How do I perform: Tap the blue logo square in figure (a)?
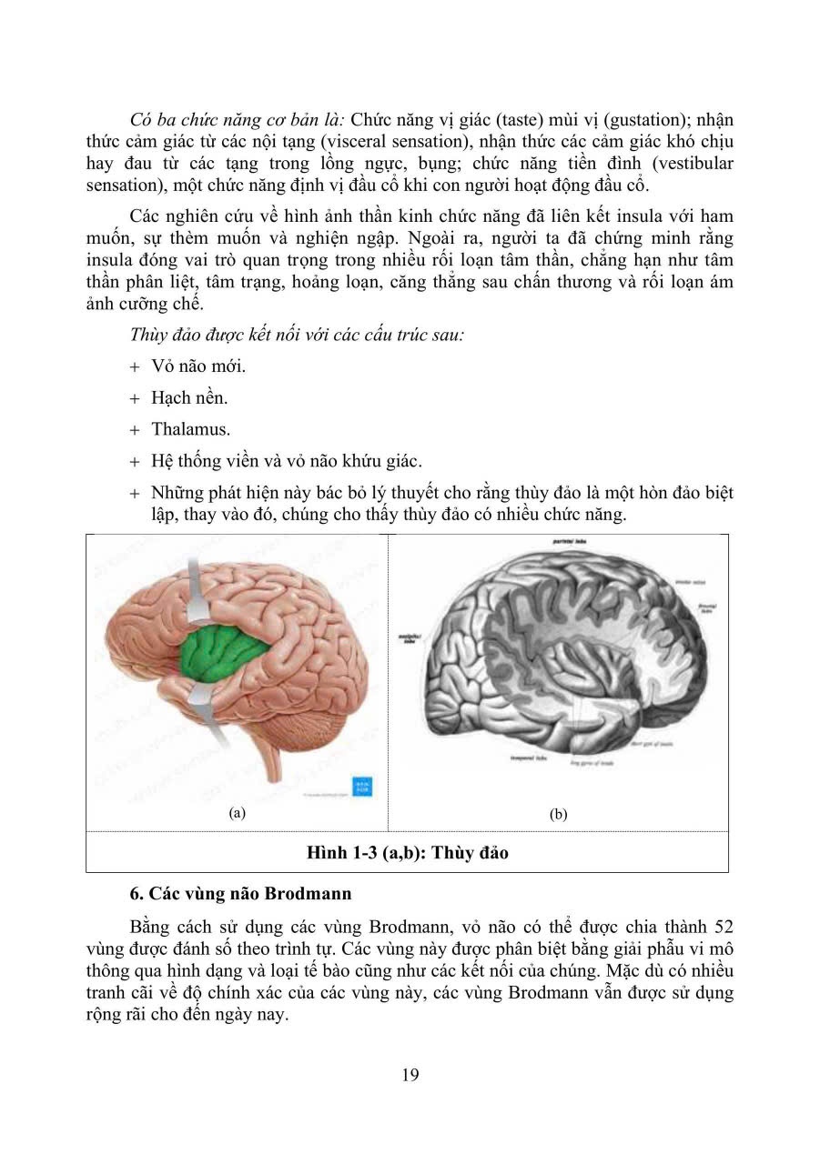pos(360,787)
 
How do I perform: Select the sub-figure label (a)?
pos(238,813)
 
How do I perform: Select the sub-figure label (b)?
pos(558,814)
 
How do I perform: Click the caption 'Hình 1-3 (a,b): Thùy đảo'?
pos(407,852)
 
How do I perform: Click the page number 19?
pos(410,1075)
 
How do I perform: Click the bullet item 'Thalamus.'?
pos(191,429)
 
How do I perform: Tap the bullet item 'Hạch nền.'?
pos(189,397)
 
